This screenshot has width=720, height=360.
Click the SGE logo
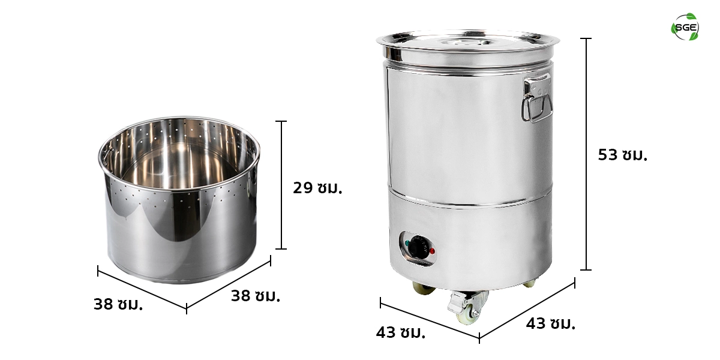coord(685,27)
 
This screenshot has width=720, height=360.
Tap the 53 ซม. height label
coord(623,155)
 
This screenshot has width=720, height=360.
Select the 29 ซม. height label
coord(317,188)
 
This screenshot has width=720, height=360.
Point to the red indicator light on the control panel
coord(432,251)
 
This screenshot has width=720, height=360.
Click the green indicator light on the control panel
coord(408,244)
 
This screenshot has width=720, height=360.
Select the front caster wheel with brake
coord(468,307)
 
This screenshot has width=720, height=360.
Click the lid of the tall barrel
coord(467,48)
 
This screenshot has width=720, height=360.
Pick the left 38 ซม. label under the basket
coord(118,304)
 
